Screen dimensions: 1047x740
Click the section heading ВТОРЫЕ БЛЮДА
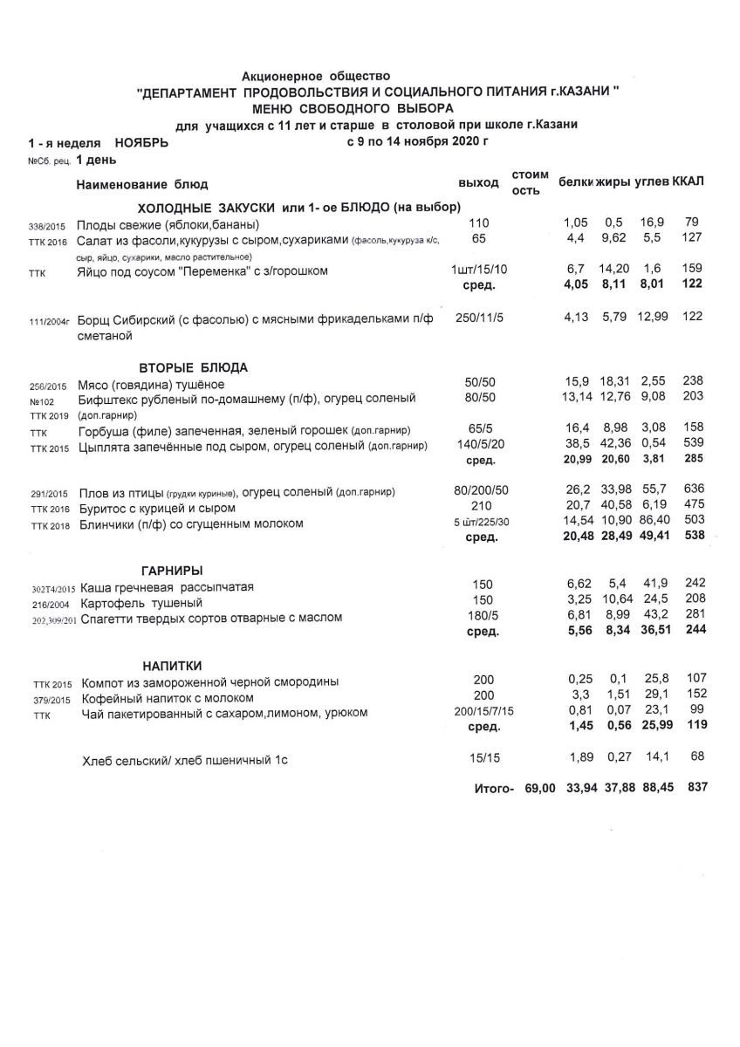coord(194,366)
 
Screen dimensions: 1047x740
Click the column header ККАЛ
coord(689,181)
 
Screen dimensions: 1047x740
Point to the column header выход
coord(478,182)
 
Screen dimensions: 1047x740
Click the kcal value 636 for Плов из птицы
coord(694,490)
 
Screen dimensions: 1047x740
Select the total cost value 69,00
coord(540,788)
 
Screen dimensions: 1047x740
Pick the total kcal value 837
coord(696,787)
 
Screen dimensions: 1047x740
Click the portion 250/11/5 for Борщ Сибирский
coord(480,318)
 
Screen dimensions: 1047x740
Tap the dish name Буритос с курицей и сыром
coord(158,508)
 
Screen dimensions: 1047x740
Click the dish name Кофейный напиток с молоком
coord(168,698)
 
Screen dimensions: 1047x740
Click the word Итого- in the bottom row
coord(495,789)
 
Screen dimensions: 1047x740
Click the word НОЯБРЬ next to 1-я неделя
coord(141,141)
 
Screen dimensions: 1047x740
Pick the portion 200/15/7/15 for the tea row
coord(480,712)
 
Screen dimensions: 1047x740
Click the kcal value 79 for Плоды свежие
coord(695,222)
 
